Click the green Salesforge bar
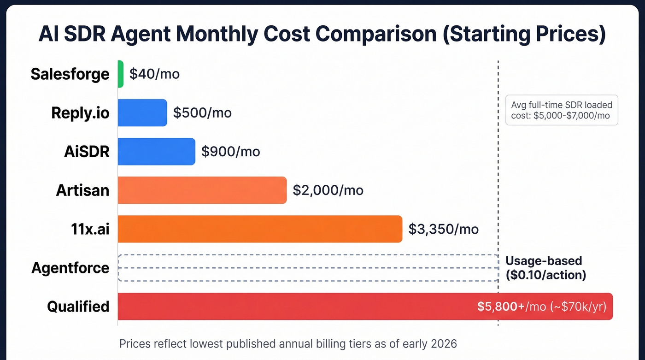click(121, 74)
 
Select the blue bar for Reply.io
click(142, 112)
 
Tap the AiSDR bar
click(156, 151)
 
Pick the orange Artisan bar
click(202, 190)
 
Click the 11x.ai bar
click(260, 229)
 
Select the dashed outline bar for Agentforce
click(308, 268)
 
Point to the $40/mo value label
click(154, 74)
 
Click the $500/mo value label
click(202, 112)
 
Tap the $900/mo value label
click(231, 151)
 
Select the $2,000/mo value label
click(328, 190)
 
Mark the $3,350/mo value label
click(444, 229)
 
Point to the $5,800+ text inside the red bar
click(501, 307)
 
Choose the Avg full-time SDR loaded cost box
click(562, 111)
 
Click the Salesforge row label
click(70, 74)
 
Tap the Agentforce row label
click(70, 268)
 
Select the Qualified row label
click(78, 307)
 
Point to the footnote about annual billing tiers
click(288, 343)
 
